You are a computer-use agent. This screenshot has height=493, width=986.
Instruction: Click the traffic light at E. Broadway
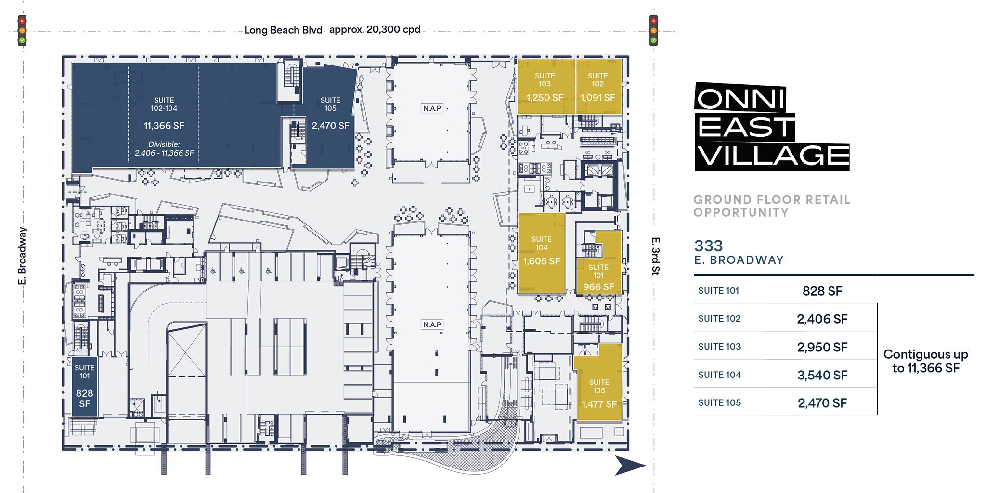point(22,31)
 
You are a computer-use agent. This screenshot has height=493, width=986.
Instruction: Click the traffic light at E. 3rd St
point(653,31)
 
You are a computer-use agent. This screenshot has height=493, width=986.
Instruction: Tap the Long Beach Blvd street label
point(283,30)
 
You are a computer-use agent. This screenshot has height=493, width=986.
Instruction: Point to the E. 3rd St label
point(655,256)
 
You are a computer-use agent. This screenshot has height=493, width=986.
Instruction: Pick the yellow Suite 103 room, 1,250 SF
point(545,87)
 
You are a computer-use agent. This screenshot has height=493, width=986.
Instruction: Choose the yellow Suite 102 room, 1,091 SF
point(598,87)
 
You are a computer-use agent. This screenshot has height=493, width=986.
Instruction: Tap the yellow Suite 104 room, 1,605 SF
point(541,253)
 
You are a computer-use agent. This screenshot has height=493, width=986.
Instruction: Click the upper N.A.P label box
point(432,108)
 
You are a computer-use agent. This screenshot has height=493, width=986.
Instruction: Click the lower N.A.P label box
point(432,325)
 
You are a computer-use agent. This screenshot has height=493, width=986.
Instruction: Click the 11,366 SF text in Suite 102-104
point(164,126)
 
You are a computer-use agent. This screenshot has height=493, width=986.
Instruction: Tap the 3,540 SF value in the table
point(822,375)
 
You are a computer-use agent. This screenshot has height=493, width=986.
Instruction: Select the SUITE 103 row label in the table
point(719,347)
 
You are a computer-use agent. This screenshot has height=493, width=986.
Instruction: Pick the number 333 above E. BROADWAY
point(708,246)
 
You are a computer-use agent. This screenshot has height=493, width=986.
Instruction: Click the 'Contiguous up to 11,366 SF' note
point(925,361)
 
